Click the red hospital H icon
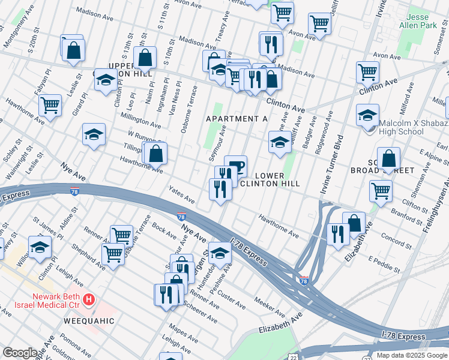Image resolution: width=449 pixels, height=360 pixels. pos(89,298)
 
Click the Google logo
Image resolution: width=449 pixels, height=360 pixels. pos(20,353)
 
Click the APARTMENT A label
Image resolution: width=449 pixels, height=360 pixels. pos(237,119)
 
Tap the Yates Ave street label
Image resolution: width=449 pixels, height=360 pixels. pos(181,194)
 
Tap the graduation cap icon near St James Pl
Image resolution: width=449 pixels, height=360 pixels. pos(40,248)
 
